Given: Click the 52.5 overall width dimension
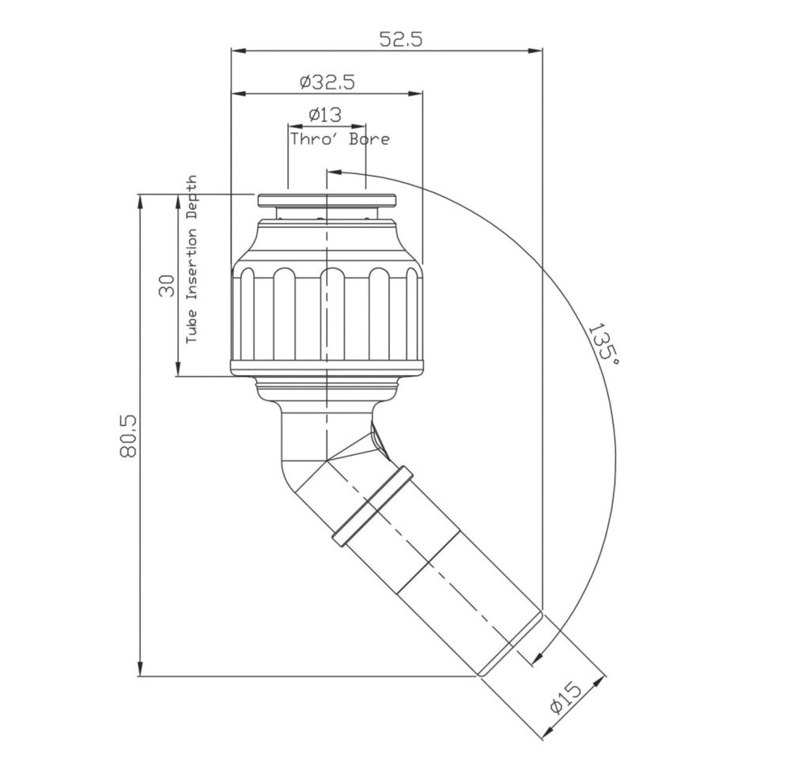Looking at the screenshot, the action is click(400, 39).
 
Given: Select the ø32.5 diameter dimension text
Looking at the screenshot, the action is click(327, 82).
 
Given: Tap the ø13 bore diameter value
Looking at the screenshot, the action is click(325, 115).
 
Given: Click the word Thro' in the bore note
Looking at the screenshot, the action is click(313, 138).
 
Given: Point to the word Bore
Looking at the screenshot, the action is click(369, 138).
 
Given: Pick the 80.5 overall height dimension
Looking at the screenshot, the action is click(128, 435).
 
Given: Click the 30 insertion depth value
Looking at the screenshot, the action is click(167, 286).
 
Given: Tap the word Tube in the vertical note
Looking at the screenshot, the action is click(191, 326).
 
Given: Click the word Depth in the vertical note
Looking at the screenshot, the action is click(191, 199).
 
